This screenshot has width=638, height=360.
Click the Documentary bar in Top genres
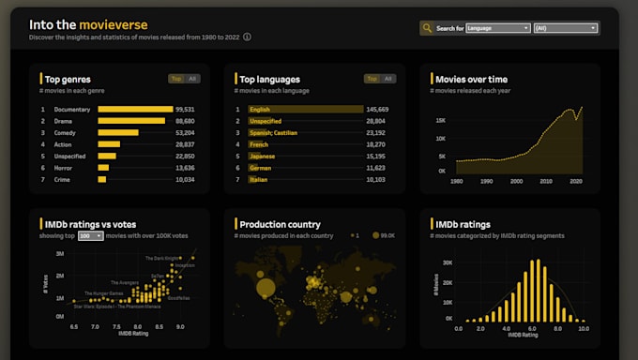pyautogui.click(x=134, y=109)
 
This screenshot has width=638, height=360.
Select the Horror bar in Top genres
pyautogui.click(x=103, y=168)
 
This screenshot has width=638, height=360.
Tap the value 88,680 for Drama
pyautogui.click(x=184, y=121)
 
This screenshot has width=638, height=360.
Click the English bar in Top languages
pyautogui.click(x=305, y=109)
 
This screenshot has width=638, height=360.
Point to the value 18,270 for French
pyautogui.click(x=376, y=144)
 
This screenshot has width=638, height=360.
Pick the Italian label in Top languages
pyautogui.click(x=258, y=179)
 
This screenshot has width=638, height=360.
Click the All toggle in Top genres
pyautogui.click(x=192, y=79)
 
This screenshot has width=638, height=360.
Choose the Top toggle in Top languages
pyautogui.click(x=372, y=79)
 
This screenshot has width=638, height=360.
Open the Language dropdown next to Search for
pyautogui.click(x=497, y=28)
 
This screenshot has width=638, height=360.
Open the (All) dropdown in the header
pyautogui.click(x=565, y=28)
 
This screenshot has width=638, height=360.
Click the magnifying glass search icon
pyautogui.click(x=427, y=28)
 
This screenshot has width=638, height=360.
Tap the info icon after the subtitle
pyautogui.click(x=247, y=38)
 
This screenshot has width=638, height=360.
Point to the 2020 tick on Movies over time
pyautogui.click(x=576, y=181)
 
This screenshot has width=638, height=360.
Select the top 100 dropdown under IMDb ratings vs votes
pyautogui.click(x=91, y=236)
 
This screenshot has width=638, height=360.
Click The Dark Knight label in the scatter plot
pyautogui.click(x=167, y=258)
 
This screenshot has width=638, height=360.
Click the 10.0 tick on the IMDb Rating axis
pyautogui.click(x=583, y=329)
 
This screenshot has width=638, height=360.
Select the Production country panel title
pyautogui.click(x=280, y=225)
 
